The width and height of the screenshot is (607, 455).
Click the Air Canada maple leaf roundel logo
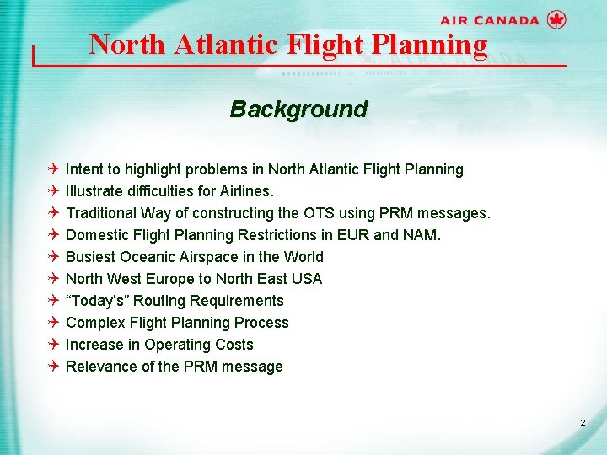(556, 19)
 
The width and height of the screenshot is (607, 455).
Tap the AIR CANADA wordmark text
(489, 20)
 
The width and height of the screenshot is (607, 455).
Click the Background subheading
(298, 110)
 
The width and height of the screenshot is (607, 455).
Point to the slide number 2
(583, 421)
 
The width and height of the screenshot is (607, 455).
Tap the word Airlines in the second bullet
(244, 191)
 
